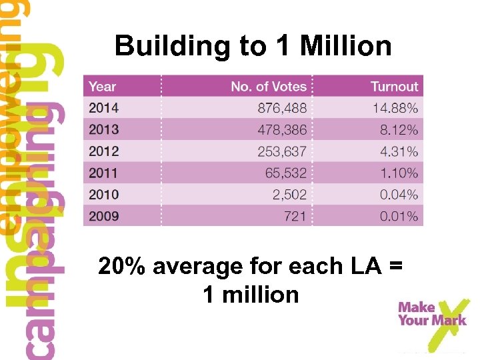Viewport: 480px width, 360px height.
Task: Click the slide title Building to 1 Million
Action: click(253, 46)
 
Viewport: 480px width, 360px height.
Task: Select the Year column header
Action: click(102, 86)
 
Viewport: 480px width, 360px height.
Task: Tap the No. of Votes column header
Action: click(268, 86)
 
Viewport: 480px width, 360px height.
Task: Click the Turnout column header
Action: click(394, 86)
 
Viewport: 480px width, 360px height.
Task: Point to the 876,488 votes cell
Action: click(282, 107)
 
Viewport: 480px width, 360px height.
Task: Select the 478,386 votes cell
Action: click(282, 129)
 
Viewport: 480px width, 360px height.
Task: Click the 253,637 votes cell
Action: click(282, 151)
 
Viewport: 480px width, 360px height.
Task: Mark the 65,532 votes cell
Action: click(286, 173)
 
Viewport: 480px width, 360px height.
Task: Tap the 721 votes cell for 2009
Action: click(296, 216)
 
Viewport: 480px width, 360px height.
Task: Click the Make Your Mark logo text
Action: click(431, 313)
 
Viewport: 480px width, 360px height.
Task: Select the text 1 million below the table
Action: click(251, 294)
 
